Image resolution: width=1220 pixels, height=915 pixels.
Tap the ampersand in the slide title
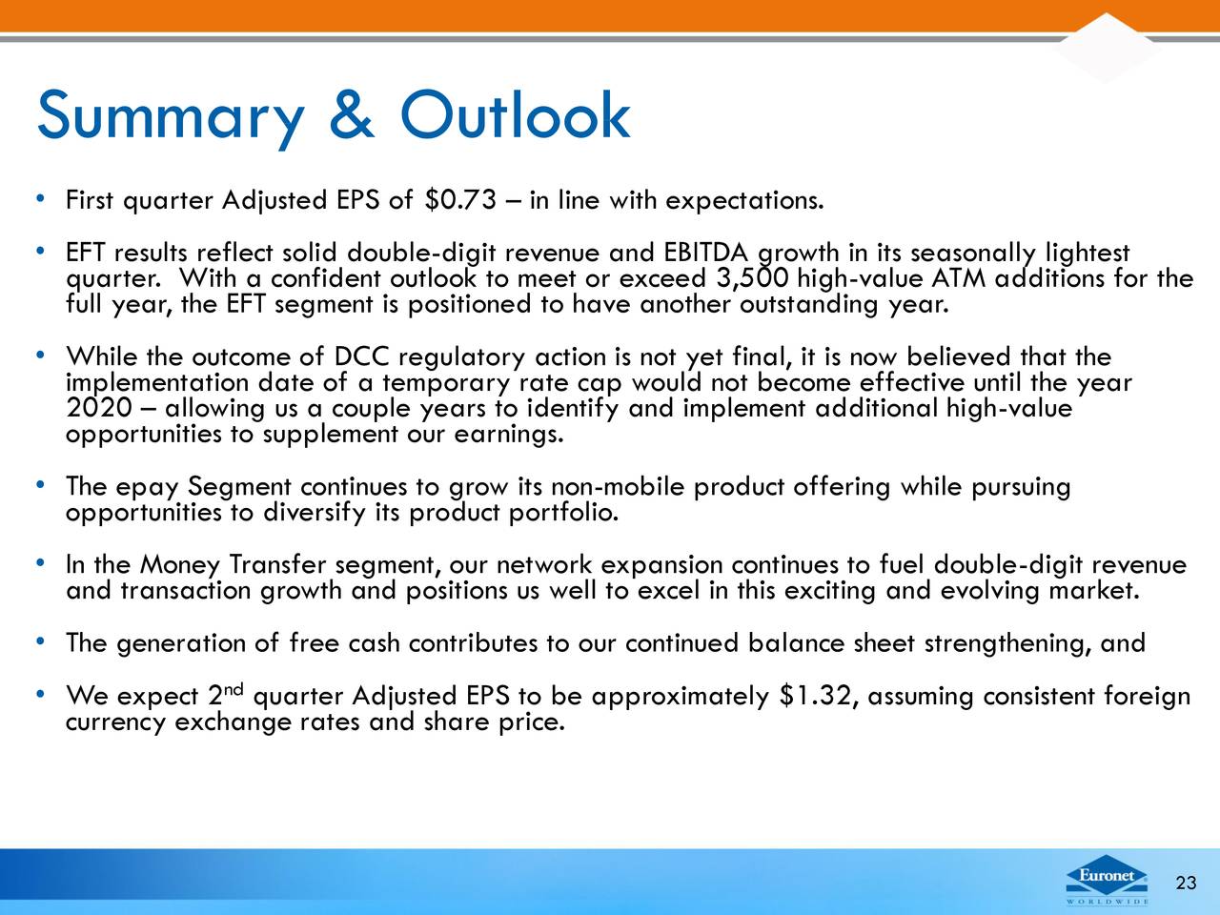point(352,114)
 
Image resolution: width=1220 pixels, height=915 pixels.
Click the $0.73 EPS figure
point(459,200)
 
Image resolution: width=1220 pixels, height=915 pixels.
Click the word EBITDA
point(706,253)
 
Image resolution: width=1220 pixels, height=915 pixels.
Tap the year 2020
point(98,408)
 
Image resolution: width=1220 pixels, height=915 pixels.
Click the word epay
point(148,488)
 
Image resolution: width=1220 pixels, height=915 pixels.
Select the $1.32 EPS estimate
point(815,696)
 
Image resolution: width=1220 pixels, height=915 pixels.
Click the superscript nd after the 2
point(234,689)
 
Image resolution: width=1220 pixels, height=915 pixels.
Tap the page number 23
point(1186,883)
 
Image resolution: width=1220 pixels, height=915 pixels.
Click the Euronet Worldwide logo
point(1107,880)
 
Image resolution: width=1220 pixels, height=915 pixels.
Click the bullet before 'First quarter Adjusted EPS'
point(39,198)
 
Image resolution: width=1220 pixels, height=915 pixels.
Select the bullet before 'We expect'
point(39,694)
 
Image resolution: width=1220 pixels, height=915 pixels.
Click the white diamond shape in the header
point(1106,48)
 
